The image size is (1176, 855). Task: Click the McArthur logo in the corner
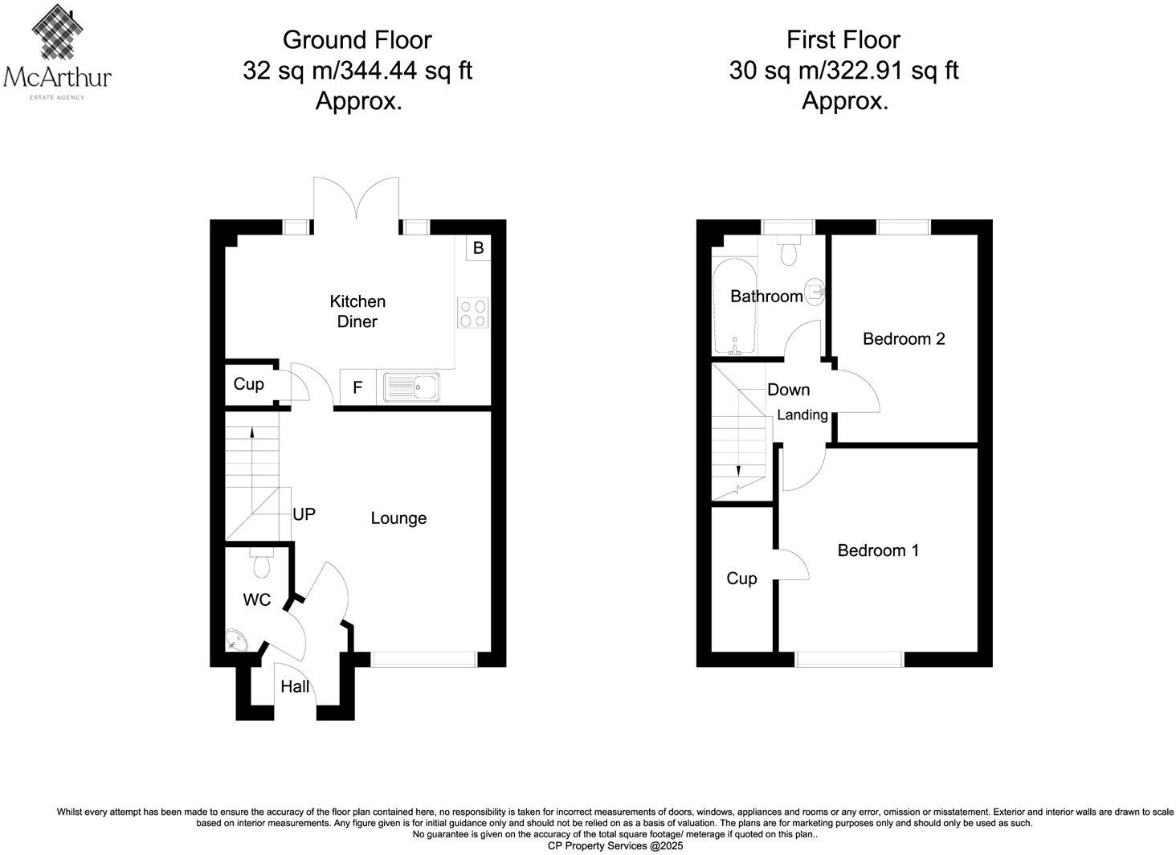coord(57,50)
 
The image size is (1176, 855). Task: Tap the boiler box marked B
coord(478,248)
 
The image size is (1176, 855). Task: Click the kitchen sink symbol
coord(411,387)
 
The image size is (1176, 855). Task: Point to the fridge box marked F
coord(357,388)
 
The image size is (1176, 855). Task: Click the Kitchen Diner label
coord(357,312)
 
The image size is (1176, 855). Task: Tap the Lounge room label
coord(398,518)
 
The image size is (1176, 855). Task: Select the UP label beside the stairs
coord(304,514)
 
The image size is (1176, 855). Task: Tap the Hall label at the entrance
coord(295,687)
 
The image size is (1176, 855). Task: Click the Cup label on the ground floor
coord(248,384)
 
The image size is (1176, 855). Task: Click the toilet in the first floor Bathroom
coord(788,250)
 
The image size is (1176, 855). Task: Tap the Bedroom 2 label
coord(904,338)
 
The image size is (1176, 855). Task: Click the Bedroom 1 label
coord(878,550)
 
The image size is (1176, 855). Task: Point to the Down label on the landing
coord(788,390)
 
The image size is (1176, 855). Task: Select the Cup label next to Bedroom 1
coord(741,579)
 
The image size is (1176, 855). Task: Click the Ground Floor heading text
coord(357,39)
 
